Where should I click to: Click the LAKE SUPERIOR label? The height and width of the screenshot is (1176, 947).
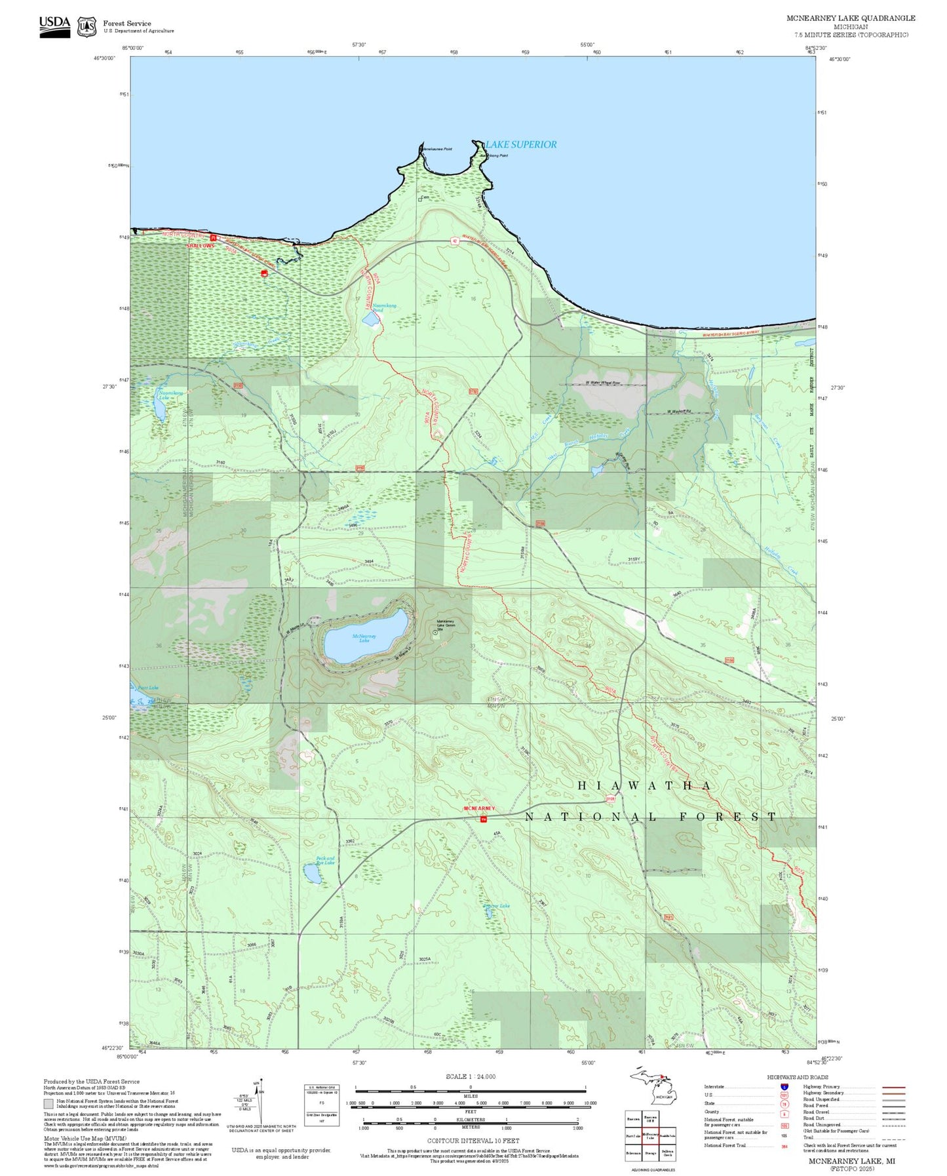tap(522, 144)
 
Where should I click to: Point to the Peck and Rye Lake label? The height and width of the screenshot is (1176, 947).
tap(325, 860)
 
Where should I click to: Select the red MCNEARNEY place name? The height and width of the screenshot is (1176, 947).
tap(479, 809)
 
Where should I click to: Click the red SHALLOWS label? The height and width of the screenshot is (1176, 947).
tap(201, 246)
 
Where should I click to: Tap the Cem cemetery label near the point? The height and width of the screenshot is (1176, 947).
tap(425, 197)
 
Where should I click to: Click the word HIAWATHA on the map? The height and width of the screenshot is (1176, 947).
tap(645, 785)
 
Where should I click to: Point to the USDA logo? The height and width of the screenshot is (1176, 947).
tap(54, 26)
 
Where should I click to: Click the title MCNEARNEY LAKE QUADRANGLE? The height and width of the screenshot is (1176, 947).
tap(851, 18)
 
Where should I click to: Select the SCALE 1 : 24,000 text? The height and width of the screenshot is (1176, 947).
tap(471, 1076)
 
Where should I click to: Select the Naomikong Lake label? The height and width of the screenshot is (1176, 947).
tap(163, 396)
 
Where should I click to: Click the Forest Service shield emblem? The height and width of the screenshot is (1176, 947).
tap(87, 27)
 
